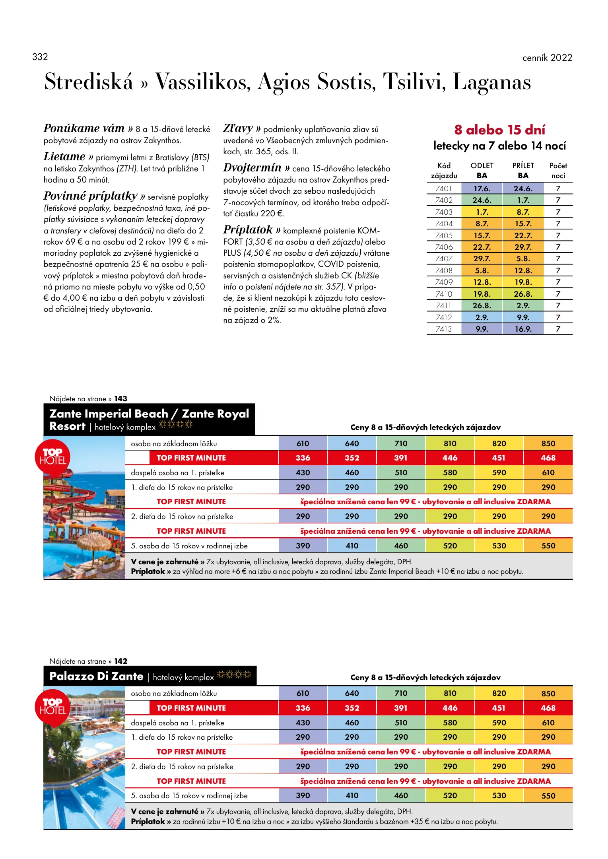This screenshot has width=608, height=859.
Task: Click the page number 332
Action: [40, 57]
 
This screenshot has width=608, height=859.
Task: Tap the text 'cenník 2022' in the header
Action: [547, 58]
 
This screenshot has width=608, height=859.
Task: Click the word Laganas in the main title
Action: [491, 82]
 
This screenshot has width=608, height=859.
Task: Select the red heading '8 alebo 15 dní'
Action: [499, 130]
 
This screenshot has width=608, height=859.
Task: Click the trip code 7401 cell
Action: [443, 189]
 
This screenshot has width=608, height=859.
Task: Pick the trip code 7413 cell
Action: [443, 329]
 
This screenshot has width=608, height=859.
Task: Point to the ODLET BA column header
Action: [482, 171]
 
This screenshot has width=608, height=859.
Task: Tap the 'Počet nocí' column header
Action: [558, 171]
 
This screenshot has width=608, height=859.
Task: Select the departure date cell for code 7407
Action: [482, 259]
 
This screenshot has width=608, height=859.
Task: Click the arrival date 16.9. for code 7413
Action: [523, 329]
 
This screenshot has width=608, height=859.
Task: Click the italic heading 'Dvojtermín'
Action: [253, 168]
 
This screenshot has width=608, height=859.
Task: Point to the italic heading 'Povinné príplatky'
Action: [91, 196]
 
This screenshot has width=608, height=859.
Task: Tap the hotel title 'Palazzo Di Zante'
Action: [97, 676]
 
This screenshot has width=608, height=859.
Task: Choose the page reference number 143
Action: [121, 398]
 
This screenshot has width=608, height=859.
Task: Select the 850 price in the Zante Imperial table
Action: [548, 443]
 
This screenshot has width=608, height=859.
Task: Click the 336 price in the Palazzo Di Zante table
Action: [303, 708]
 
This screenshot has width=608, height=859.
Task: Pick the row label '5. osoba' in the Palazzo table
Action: [189, 795]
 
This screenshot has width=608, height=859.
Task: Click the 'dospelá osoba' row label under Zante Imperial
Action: [177, 473]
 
